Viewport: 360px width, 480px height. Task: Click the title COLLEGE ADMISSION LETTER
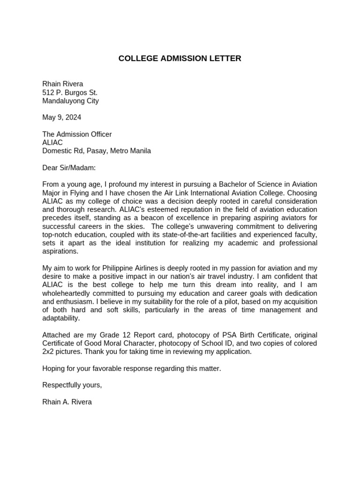180,59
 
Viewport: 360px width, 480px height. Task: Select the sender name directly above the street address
62,84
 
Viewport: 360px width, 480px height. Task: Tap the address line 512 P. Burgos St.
70,92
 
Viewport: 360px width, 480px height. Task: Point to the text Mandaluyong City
70,101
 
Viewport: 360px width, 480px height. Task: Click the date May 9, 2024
61,117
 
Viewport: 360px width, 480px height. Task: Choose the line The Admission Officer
77,134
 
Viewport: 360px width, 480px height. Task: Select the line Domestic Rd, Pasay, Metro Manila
97,151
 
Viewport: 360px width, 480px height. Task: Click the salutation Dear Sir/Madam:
69,167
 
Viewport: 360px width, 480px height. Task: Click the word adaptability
61,319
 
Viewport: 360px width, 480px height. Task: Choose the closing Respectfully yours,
72,385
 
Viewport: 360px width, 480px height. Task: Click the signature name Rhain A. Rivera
67,402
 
